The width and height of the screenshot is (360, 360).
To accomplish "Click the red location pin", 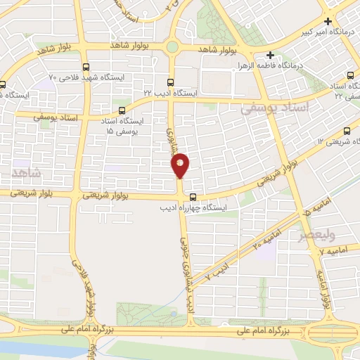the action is coord(181,166).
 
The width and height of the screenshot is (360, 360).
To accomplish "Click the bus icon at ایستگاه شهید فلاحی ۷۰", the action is coord(86,67).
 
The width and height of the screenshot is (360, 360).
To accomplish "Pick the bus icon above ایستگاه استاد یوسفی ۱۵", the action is coord(124,110).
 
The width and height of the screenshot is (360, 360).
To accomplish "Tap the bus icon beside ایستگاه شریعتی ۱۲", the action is coord(347,131).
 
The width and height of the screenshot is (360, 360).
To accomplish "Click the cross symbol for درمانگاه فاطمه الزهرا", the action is coord(271,55).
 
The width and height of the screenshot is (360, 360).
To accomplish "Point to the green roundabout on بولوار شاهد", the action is coord(172,48).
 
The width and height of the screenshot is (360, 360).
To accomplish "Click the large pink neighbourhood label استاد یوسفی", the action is coord(274,109).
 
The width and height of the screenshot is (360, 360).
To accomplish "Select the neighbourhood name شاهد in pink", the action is coord(27,172).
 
